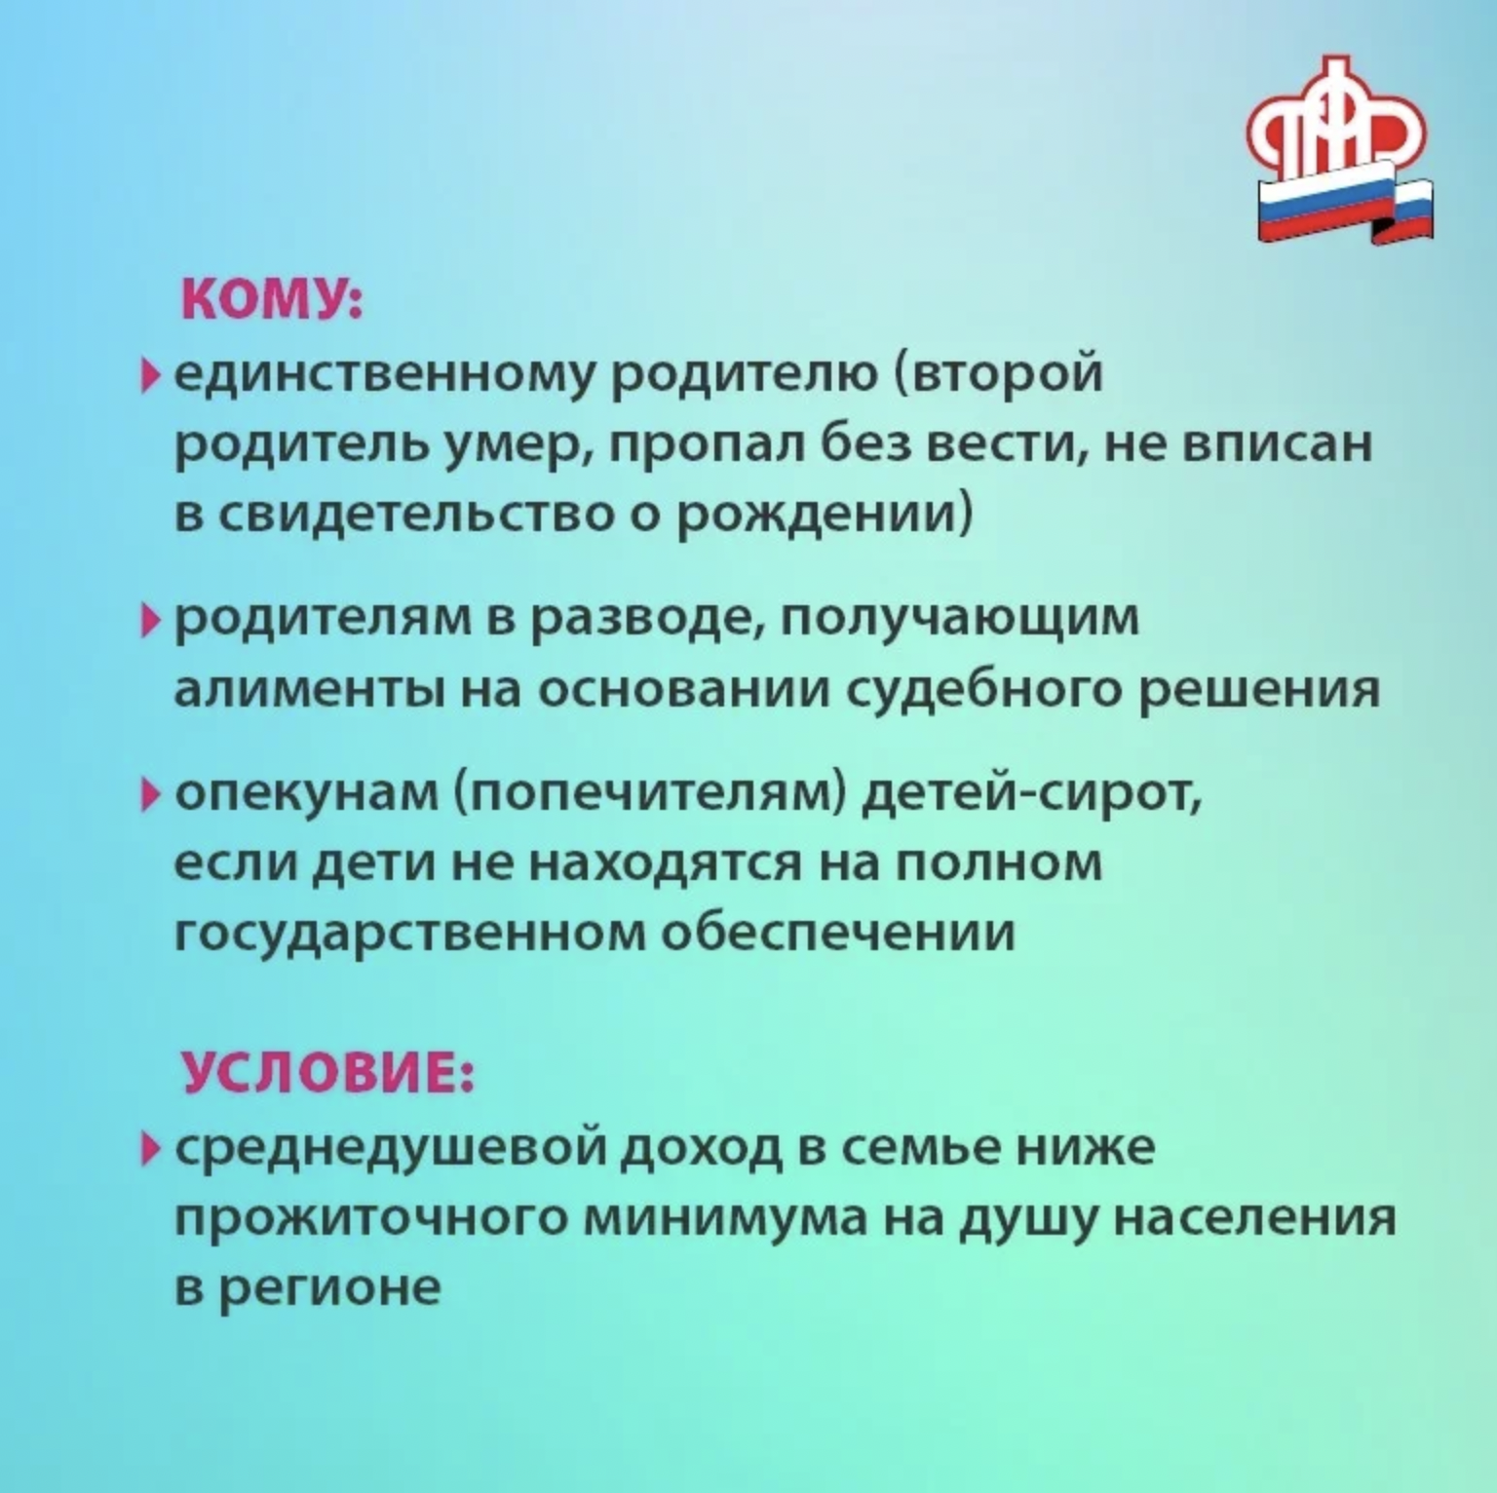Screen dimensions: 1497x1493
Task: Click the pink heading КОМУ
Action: pos(271,296)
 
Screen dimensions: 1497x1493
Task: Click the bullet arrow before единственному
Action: pos(149,373)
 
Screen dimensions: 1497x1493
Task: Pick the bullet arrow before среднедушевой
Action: pos(149,1148)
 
